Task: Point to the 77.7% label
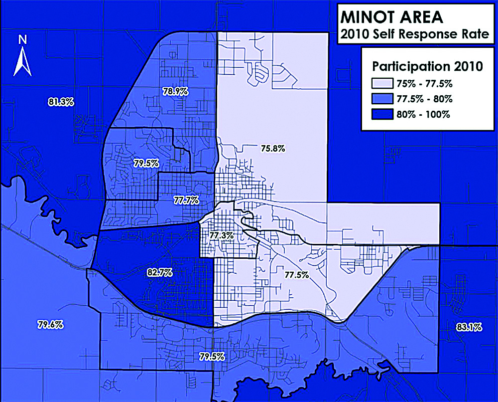point(186,200)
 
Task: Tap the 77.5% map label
point(296,274)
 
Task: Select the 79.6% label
point(50,325)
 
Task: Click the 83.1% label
point(469,327)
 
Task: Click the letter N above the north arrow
point(22,39)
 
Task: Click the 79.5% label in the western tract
point(146,163)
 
